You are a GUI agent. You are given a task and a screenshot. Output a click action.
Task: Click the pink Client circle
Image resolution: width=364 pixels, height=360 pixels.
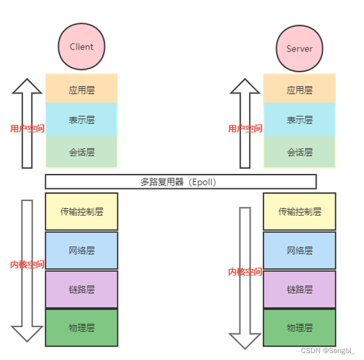(81, 47)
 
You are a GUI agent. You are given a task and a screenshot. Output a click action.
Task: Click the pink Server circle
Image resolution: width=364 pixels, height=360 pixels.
(299, 49)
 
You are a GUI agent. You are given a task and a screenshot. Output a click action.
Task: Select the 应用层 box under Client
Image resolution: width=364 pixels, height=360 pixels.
(81, 90)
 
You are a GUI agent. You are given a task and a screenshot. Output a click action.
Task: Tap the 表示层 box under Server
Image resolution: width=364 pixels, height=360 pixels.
(299, 120)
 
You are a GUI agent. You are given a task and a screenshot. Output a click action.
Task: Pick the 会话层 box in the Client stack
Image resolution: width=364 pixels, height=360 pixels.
(81, 153)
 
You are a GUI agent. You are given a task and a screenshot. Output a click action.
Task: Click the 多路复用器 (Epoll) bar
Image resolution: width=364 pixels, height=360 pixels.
(181, 181)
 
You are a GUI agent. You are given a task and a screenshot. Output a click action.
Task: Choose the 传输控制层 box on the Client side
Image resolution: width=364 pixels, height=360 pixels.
(81, 211)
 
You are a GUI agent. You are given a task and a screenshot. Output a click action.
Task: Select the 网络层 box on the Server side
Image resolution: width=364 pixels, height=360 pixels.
(299, 250)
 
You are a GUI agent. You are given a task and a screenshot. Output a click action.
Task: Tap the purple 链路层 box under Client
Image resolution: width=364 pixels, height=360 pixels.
(81, 289)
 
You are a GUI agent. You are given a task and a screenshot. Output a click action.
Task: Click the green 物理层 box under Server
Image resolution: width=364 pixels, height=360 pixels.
(299, 328)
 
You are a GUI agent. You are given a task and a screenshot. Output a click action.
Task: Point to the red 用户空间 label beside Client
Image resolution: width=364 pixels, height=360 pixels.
(27, 128)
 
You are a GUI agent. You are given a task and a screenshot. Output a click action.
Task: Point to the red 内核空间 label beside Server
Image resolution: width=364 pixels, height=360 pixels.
(245, 272)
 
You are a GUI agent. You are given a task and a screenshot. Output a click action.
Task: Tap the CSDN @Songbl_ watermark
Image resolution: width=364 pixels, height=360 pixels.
(328, 350)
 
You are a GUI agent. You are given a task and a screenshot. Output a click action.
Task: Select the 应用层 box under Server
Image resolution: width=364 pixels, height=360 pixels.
(299, 90)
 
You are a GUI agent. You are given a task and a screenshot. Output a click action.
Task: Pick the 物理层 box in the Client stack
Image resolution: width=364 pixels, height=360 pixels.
(81, 328)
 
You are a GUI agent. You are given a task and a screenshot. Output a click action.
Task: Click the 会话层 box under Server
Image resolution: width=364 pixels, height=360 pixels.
(299, 153)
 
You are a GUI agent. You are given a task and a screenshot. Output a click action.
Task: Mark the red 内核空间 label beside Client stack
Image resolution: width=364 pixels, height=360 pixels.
(27, 264)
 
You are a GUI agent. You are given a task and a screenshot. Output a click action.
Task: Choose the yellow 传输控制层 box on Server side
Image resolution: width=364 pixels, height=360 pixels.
(299, 211)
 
